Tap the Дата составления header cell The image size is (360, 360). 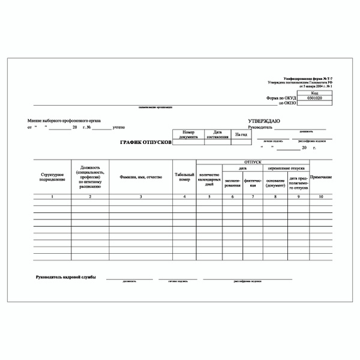(x=217, y=134)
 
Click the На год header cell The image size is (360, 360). (x=241, y=134)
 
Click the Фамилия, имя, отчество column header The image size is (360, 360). (x=141, y=176)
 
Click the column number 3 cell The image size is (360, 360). (x=141, y=197)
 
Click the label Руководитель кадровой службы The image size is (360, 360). (x=66, y=277)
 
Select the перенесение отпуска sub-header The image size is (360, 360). (x=288, y=168)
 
